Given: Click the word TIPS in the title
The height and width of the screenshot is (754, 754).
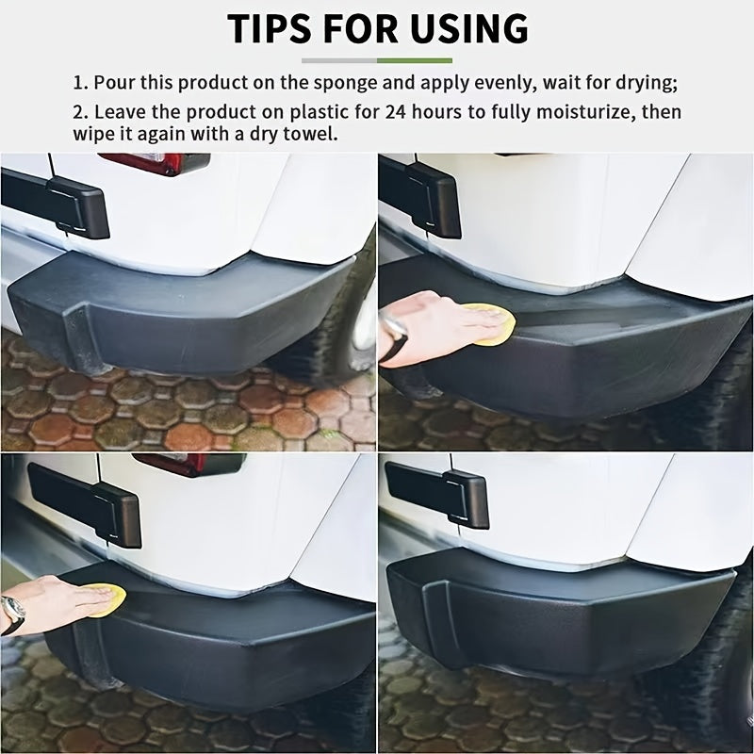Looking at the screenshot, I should [269, 29].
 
